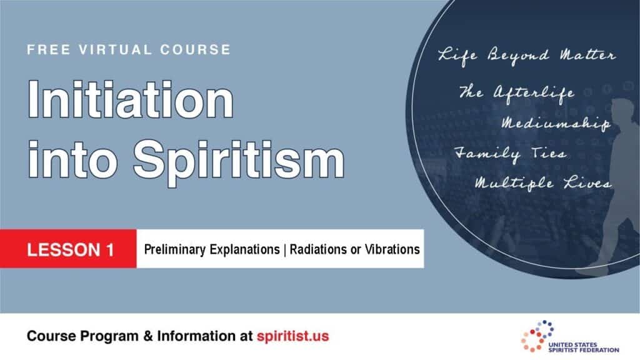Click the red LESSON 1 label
tap(69, 249)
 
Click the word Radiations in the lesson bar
tap(317, 249)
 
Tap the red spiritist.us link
tap(292, 336)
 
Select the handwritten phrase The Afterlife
tap(516, 93)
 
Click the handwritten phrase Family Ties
tap(509, 154)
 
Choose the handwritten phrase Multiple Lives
tap(542, 184)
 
